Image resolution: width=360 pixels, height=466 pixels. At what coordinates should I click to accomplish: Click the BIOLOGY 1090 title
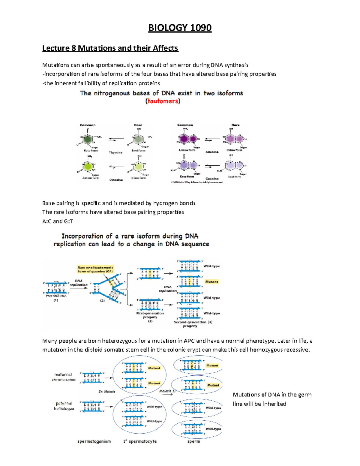coord(180,28)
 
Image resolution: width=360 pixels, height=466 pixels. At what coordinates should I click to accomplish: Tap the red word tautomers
coord(163,101)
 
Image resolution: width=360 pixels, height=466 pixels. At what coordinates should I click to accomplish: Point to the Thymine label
coord(115,153)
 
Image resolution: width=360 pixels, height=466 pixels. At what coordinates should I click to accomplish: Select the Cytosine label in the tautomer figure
coord(116,180)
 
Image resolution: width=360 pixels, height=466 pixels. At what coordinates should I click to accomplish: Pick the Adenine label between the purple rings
coord(212,152)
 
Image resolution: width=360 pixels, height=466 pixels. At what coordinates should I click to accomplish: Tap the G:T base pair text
coord(68,221)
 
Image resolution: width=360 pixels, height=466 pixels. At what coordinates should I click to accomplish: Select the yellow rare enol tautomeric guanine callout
coord(95,269)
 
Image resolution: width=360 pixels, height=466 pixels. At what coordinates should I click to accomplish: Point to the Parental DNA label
coord(56,296)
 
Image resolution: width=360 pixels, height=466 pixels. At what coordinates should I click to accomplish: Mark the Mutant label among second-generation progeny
coord(211,282)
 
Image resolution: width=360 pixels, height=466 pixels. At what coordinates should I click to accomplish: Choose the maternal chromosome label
coord(63,377)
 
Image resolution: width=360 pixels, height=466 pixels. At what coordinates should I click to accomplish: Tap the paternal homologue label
coord(64,406)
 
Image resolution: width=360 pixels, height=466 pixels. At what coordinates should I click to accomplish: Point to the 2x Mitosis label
coord(107,392)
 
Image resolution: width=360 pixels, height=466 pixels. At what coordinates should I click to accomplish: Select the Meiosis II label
coord(167,391)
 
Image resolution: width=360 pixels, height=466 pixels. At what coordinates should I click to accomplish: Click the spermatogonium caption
coord(94,441)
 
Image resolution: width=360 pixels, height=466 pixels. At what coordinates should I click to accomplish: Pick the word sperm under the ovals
coord(193,441)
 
